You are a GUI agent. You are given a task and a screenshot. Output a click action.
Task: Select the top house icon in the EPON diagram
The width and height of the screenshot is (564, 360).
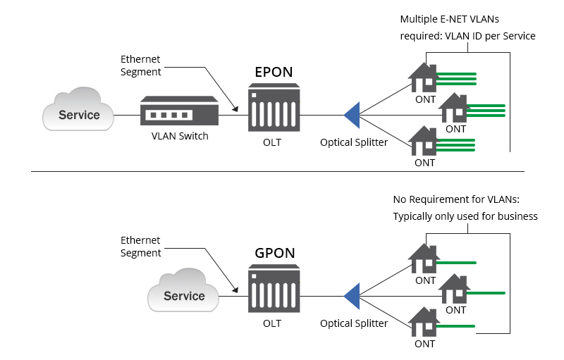[424, 78]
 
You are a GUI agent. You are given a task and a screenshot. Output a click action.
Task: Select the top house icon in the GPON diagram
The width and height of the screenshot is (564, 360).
[424, 259]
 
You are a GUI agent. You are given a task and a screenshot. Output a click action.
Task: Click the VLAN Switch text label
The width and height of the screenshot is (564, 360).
[180, 136]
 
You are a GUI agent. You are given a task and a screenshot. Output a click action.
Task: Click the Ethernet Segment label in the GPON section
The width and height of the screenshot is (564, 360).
[140, 247]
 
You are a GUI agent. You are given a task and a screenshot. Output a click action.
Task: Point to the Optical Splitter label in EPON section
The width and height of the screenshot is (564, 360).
[354, 142]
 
